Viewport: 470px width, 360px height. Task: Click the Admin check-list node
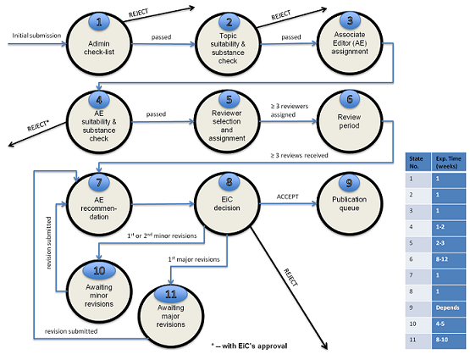[101, 39]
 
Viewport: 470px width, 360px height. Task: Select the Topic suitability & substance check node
[226, 39]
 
